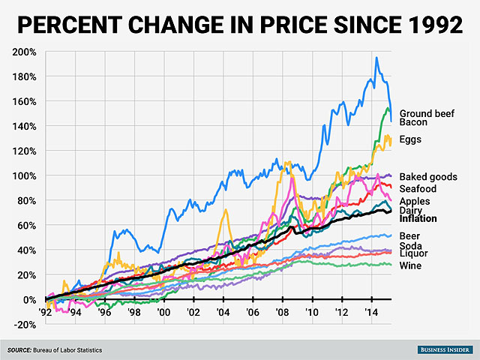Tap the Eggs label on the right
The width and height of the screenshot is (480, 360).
410,139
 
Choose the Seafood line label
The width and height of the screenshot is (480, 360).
418,189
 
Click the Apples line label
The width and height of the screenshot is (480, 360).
415,202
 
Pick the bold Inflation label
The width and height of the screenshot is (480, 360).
418,219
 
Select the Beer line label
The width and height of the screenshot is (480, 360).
410,236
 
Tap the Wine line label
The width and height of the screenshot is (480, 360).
410,265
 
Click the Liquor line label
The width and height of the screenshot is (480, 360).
413,254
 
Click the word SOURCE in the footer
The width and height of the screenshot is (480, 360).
22,350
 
